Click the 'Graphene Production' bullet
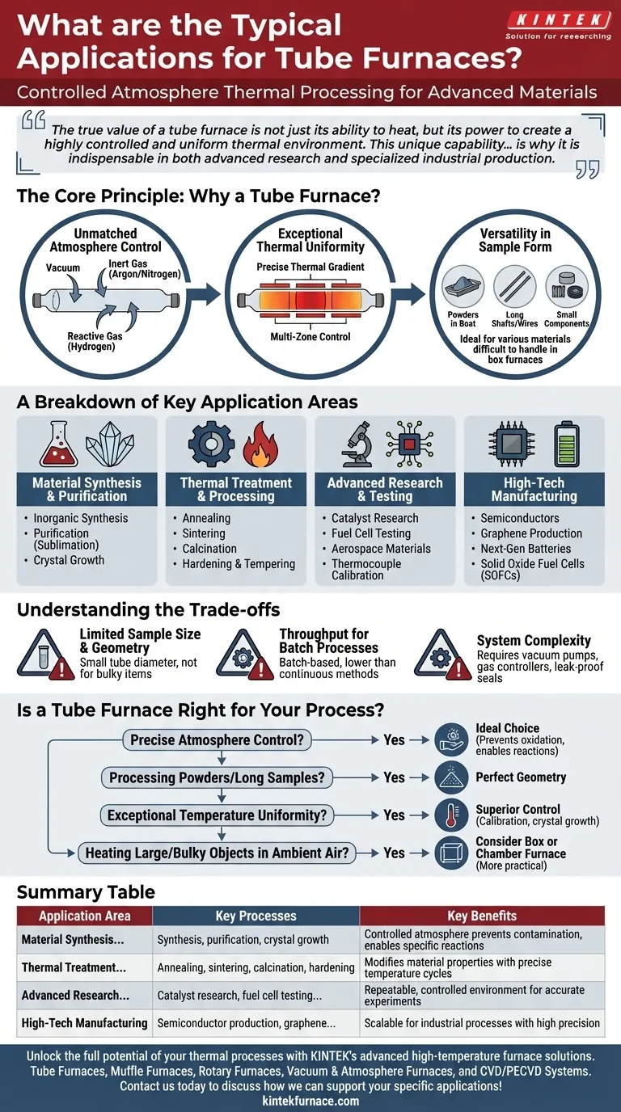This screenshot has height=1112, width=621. pos(531,533)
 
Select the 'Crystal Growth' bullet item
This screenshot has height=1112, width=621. pos(69,560)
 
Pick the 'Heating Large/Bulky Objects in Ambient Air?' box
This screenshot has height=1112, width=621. pos(217,852)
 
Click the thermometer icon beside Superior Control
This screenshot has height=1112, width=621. pos(450,815)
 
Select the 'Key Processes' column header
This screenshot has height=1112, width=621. pos(256,916)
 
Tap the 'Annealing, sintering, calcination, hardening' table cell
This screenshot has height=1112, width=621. pos(256,967)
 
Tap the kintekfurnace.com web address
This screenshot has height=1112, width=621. pos(310,1101)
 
